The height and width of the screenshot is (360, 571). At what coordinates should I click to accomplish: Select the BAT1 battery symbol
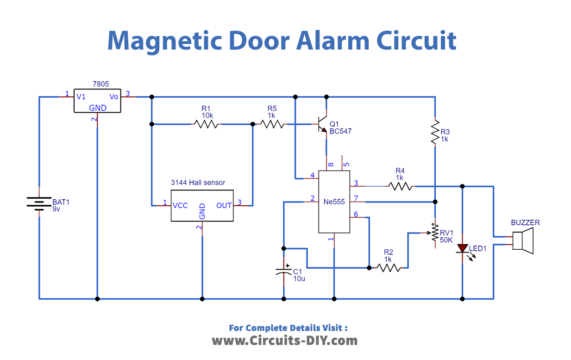coord(39,204)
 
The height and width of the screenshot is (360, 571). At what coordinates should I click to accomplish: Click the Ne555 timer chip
coord(334,200)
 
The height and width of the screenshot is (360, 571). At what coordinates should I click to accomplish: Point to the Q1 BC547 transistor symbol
coord(323,126)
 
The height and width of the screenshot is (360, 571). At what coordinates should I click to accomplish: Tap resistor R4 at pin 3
coord(400,185)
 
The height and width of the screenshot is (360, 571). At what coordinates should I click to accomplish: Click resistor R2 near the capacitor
coord(389,267)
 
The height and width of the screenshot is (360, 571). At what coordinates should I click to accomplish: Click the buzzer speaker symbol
coord(522,241)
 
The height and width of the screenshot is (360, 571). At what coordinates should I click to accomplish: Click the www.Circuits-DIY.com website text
coord(285,341)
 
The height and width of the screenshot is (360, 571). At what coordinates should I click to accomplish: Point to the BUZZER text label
coord(526,222)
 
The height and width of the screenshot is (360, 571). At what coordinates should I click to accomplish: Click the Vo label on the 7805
coord(114,97)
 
